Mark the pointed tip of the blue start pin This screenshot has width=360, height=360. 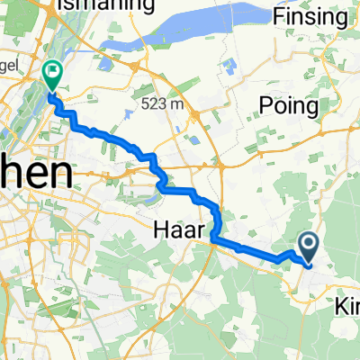pos(308,264)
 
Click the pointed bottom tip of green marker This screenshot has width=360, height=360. pos(51,91)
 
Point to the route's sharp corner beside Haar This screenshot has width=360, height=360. pos(213,238)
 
